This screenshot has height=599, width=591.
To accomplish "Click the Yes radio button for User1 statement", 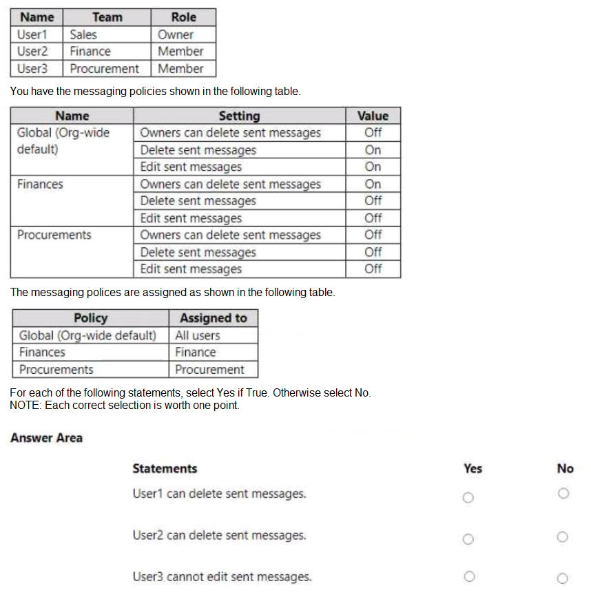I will click(x=468, y=497).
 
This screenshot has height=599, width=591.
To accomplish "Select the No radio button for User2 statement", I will click(x=563, y=537).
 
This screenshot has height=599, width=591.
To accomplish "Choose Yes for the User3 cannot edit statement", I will click(x=468, y=576).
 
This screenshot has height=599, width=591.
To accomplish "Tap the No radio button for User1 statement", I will click(x=563, y=494).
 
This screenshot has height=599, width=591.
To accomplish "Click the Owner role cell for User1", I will click(x=176, y=34).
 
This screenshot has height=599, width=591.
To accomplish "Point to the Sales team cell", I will click(x=83, y=34).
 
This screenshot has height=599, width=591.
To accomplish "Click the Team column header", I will click(x=107, y=17).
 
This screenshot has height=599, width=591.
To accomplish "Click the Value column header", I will click(x=373, y=116).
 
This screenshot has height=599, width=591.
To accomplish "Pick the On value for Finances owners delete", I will click(x=373, y=184).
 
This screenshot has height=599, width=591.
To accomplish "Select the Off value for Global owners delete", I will click(x=373, y=133).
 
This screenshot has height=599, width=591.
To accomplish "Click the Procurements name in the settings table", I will click(x=54, y=235).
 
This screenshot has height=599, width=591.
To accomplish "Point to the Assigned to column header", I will click(x=213, y=318).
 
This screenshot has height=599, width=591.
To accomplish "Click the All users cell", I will click(x=198, y=335).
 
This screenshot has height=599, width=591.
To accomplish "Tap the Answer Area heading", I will click(x=46, y=438).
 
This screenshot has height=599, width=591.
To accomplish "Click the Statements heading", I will click(x=165, y=469).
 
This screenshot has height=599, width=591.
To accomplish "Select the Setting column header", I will click(x=239, y=116).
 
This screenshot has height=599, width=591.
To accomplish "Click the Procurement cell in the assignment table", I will click(x=209, y=370).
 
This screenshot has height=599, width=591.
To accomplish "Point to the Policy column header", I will click(x=90, y=318).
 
